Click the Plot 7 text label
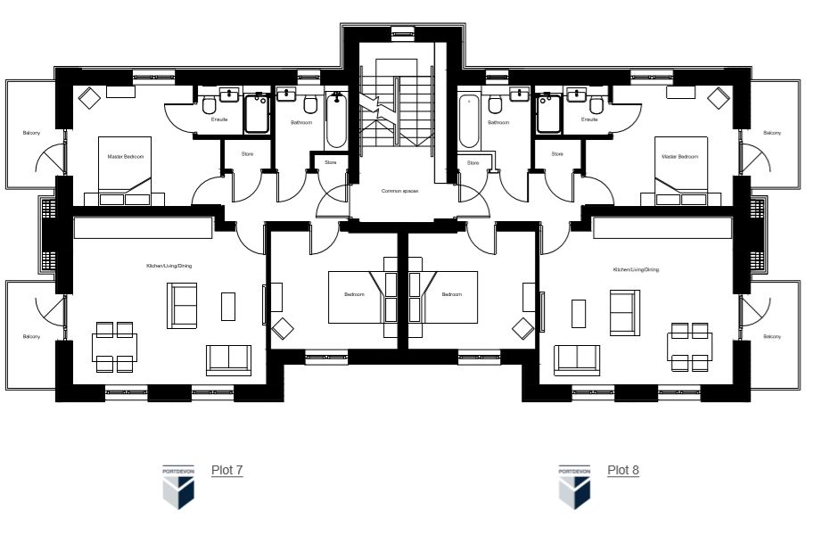click(x=226, y=470)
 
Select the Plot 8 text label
click(x=622, y=470)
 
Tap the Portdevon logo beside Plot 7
click(x=178, y=485)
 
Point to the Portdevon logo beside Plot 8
click(x=574, y=485)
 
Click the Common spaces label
click(x=399, y=191)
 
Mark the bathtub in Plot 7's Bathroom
click(x=336, y=122)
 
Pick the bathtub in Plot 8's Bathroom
click(x=470, y=122)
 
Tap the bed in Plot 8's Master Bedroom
click(x=681, y=169)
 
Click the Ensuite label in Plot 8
click(x=589, y=119)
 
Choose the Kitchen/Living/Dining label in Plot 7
click(x=169, y=266)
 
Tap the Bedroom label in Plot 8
click(x=452, y=294)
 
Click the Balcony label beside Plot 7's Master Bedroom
click(x=32, y=134)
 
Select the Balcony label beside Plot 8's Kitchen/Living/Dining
click(x=771, y=336)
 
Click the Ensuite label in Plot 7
click(x=218, y=119)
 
